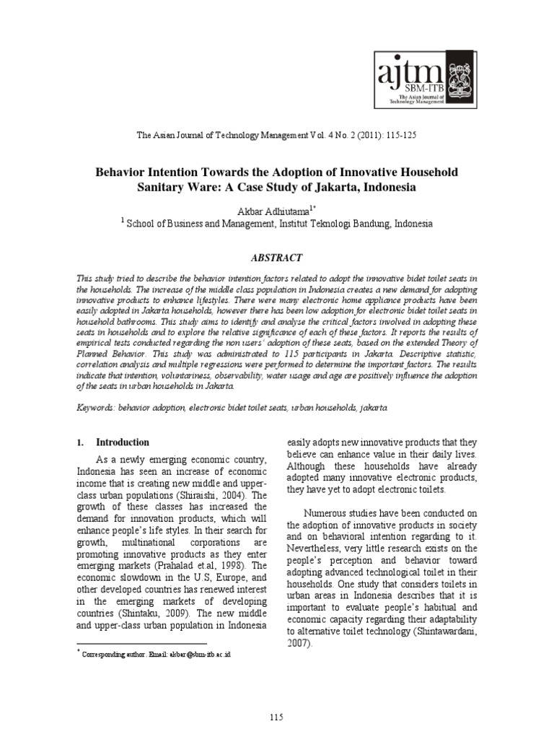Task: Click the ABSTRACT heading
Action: tap(277, 258)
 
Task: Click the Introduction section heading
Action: tap(123, 442)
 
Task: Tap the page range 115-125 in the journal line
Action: tap(395, 135)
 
